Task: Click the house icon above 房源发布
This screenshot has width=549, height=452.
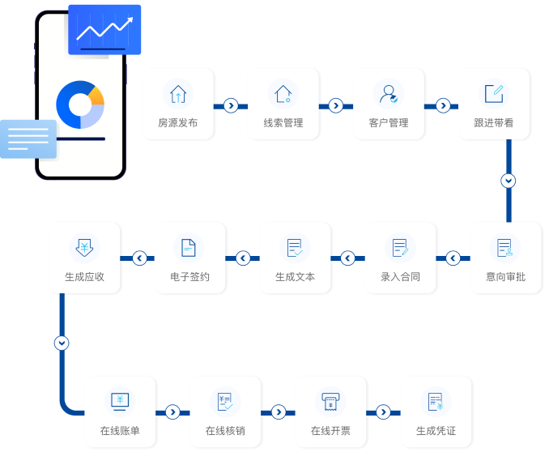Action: click(x=177, y=94)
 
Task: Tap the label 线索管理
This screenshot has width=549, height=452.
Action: click(x=283, y=123)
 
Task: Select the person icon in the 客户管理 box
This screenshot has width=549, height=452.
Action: click(x=389, y=94)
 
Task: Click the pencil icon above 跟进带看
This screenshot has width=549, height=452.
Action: click(x=494, y=93)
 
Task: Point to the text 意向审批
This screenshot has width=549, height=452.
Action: click(x=505, y=277)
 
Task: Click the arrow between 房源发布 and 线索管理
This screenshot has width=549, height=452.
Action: click(x=231, y=105)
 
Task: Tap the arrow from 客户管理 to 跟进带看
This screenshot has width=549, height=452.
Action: click(x=443, y=105)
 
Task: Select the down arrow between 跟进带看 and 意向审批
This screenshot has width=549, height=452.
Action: click(x=508, y=181)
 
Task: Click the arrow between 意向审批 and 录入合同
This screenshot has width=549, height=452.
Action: click(x=453, y=258)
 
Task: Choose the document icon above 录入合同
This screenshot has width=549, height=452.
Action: click(x=400, y=248)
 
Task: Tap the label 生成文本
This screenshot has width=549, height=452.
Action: click(x=295, y=277)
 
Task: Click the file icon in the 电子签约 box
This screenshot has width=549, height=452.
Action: click(x=189, y=248)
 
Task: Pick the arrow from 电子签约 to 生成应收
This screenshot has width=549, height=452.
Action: click(x=139, y=258)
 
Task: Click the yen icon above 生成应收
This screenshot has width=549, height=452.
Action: click(x=83, y=247)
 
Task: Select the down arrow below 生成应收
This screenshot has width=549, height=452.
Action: click(x=62, y=343)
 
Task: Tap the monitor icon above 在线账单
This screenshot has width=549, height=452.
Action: click(x=120, y=401)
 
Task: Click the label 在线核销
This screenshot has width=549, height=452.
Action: click(x=225, y=431)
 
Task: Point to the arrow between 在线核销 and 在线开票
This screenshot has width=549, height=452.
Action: click(x=279, y=412)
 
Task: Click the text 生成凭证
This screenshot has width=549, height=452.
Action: click(x=436, y=431)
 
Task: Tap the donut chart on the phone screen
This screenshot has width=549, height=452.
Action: click(x=80, y=104)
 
